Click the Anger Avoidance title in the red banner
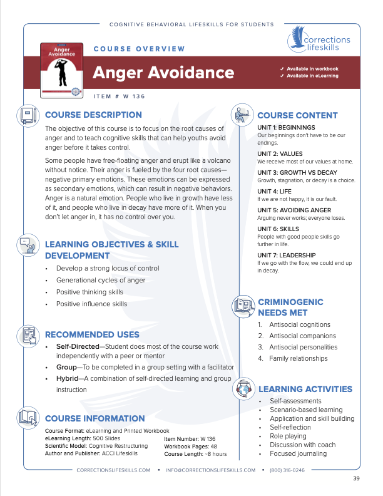(163, 73)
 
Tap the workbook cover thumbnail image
(61, 70)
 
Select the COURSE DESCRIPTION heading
(94, 115)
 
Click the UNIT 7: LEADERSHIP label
(286, 255)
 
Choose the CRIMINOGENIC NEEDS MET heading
(291, 307)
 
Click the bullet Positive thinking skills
(89, 292)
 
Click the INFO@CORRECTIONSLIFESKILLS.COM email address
(211, 470)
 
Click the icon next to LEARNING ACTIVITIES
(242, 390)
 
